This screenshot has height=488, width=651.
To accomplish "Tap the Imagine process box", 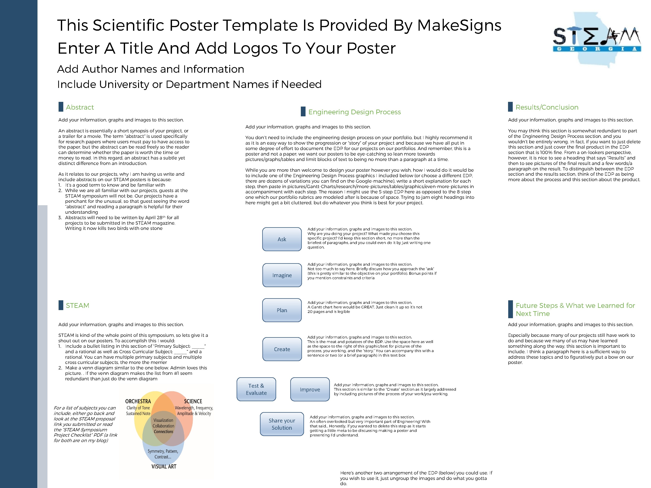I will [x=282, y=275].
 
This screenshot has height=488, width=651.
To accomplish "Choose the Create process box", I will [x=282, y=349].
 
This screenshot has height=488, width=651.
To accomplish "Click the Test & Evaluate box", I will [x=256, y=389].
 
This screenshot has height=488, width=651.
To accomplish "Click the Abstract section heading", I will [x=80, y=107].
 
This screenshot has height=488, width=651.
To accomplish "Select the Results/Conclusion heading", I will [x=547, y=107].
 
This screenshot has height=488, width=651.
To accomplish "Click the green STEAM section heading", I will [x=77, y=306].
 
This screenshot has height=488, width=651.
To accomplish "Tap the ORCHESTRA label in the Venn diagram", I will [x=138, y=401].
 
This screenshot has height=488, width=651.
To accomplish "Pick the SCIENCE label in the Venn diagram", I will [x=193, y=401].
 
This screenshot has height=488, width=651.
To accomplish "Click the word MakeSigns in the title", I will [x=459, y=25].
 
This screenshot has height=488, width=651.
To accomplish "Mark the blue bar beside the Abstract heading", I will [x=61, y=107].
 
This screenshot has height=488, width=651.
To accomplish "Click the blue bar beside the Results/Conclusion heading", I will [x=510, y=107].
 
